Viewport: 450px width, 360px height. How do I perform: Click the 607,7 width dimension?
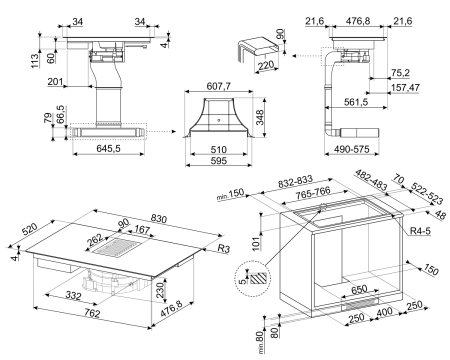click(x=219, y=86)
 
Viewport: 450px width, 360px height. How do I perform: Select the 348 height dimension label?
click(x=260, y=117)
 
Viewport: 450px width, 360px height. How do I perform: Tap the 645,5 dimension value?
click(x=108, y=148)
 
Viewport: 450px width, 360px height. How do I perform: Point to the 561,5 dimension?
click(x=356, y=102)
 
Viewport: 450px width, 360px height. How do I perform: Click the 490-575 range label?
click(x=352, y=149)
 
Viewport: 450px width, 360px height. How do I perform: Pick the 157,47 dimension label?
click(x=405, y=88)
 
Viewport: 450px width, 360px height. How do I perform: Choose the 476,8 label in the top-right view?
click(x=358, y=21)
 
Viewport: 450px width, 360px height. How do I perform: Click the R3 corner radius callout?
click(x=224, y=248)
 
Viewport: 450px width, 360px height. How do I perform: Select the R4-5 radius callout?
click(x=420, y=230)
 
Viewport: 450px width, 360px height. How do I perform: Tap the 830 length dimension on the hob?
click(x=159, y=219)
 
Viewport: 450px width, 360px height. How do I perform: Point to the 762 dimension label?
click(x=92, y=313)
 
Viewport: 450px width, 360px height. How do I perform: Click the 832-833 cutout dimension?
click(x=296, y=182)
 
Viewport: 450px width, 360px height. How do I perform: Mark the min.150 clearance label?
click(x=230, y=194)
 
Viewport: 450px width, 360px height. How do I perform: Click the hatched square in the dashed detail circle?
click(x=258, y=278)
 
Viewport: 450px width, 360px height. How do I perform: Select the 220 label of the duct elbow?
click(x=266, y=65)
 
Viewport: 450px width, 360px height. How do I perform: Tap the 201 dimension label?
click(x=55, y=81)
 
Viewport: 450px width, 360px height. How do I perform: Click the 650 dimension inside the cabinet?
click(x=359, y=289)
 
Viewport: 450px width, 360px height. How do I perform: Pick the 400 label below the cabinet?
click(x=385, y=312)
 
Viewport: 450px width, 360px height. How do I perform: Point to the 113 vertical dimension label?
click(x=35, y=61)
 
